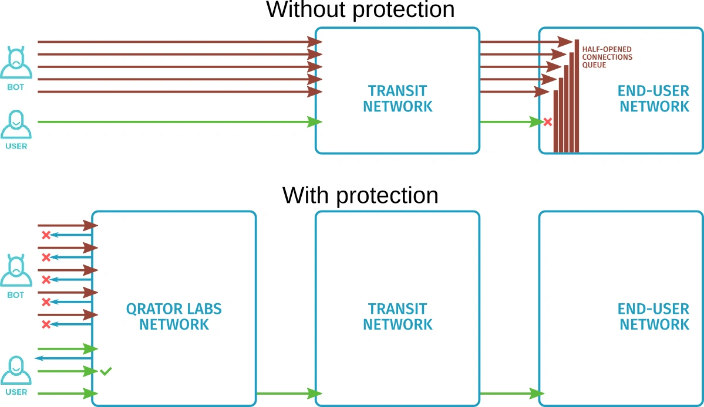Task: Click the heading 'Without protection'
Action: pos(361,10)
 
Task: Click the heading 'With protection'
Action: pos(360,195)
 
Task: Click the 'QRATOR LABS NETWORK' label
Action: pos(174,317)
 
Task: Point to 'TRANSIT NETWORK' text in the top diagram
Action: pos(398,99)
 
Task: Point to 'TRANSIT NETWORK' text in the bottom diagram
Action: pos(398,317)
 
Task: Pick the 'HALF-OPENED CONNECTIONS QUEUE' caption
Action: pos(607,57)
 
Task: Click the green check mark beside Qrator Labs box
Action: pos(106,371)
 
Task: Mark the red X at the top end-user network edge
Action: pos(548,122)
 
